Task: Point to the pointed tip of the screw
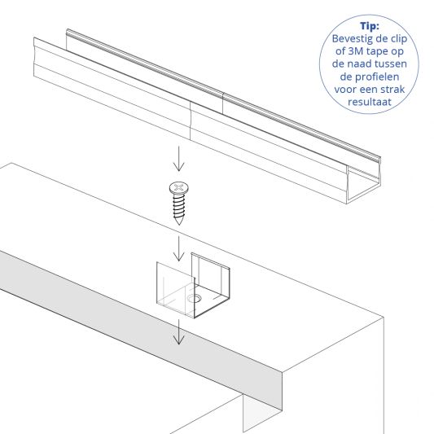pos(180,224)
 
